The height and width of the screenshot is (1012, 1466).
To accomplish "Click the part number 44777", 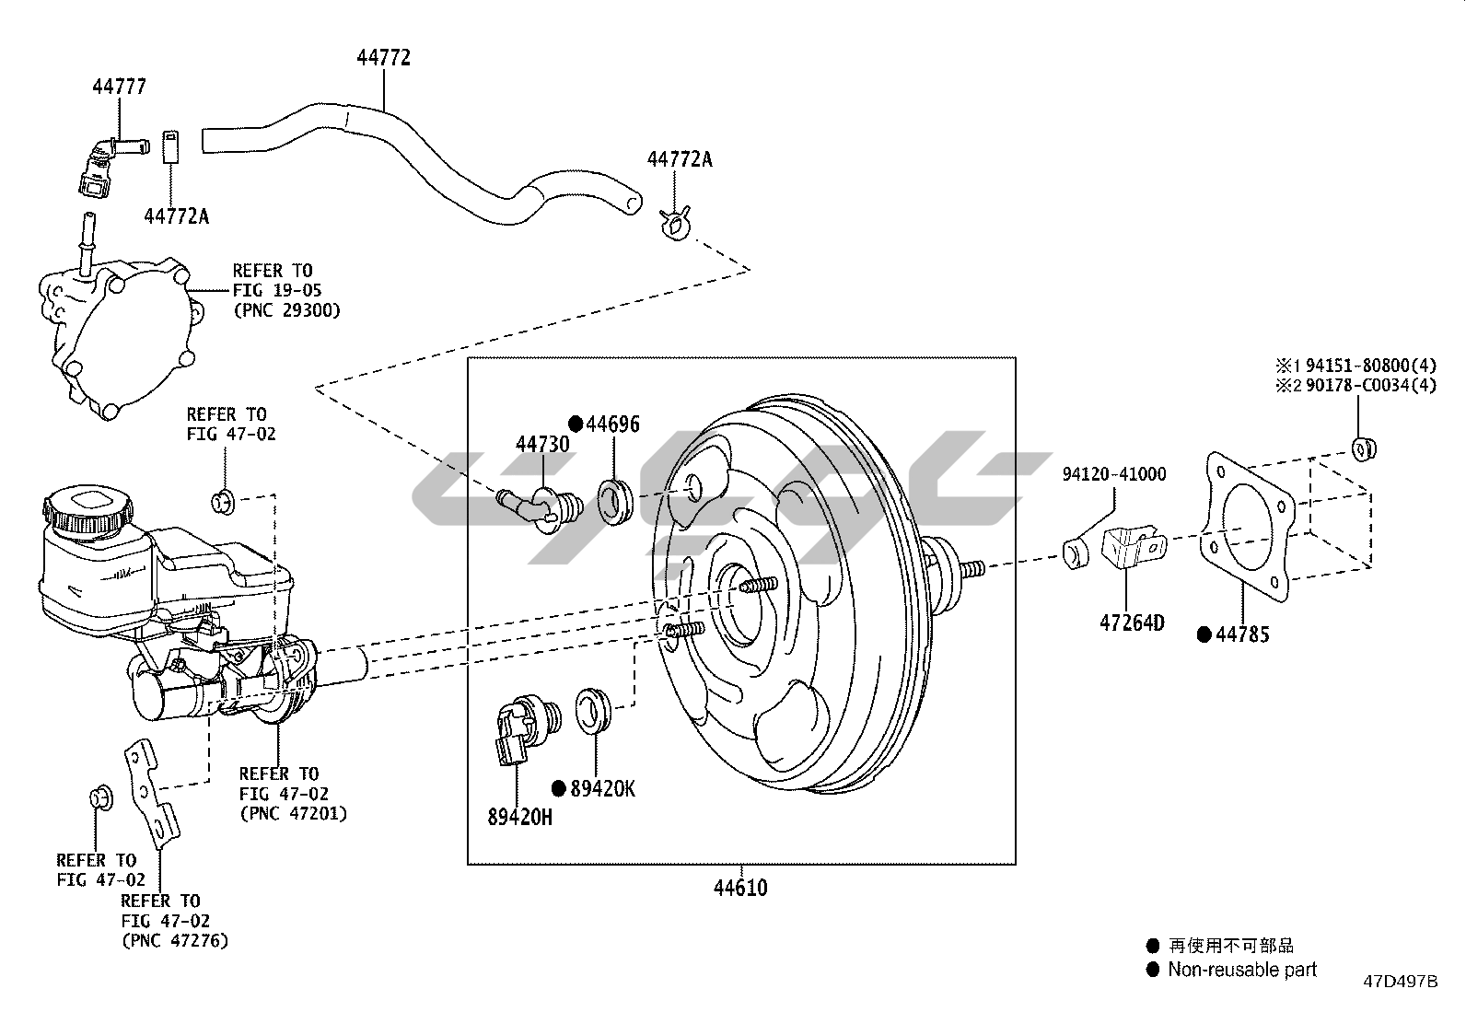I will click(119, 87).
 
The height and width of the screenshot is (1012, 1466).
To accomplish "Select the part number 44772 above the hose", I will click(383, 57).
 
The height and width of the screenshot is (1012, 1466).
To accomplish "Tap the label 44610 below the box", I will click(740, 888).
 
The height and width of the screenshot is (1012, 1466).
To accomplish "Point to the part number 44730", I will click(542, 444).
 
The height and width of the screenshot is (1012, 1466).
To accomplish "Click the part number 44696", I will click(612, 424).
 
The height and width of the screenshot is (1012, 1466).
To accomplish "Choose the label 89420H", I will click(519, 816).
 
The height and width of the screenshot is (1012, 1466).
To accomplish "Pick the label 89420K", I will click(602, 788).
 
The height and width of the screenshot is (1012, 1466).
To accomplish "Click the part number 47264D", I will click(1132, 623).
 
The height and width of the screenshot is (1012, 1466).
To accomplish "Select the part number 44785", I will click(1242, 634).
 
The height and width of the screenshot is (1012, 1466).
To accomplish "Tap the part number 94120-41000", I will click(1113, 474).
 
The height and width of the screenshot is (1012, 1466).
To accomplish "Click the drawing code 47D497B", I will click(1400, 982).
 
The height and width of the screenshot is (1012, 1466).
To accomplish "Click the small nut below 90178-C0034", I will click(1364, 448).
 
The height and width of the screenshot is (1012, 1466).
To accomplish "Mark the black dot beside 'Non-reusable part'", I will click(1152, 970).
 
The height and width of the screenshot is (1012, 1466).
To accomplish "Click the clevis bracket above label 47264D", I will click(1133, 550).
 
